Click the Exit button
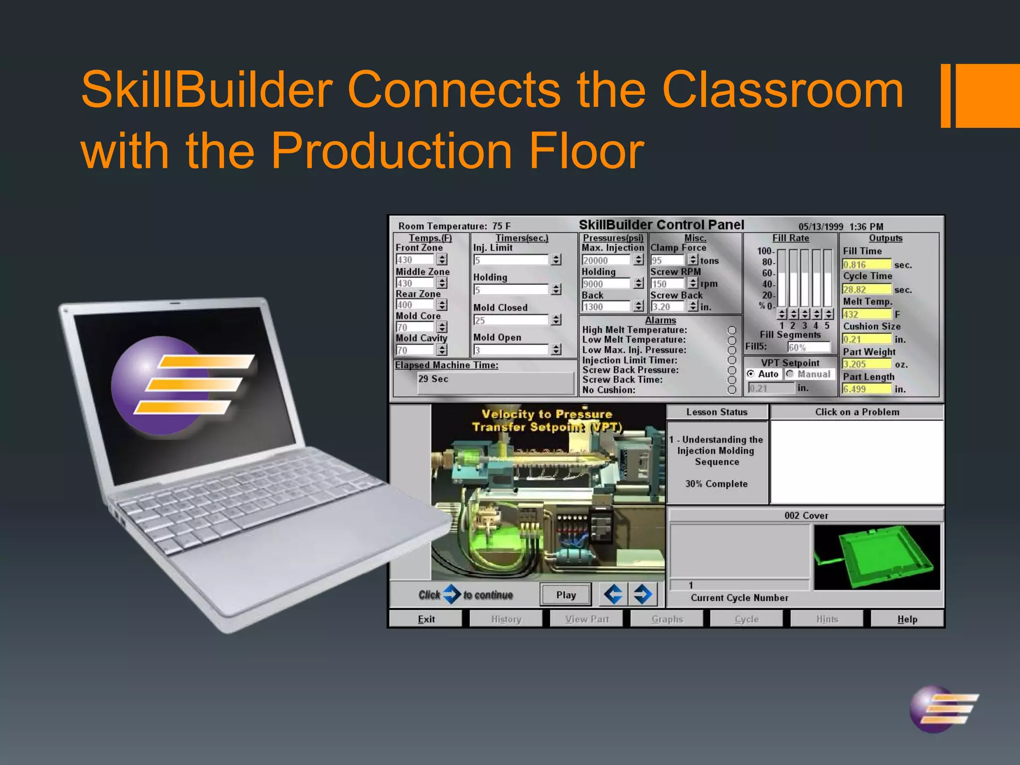[426, 619]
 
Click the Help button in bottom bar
[907, 619]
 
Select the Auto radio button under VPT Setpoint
[751, 374]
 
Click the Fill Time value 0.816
[866, 264]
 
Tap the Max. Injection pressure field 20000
[606, 260]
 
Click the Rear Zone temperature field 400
[414, 305]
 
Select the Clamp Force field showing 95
[668, 260]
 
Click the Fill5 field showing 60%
[808, 347]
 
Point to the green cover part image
[877, 556]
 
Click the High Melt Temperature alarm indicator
[732, 330]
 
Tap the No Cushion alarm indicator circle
[732, 390]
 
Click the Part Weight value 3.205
[866, 364]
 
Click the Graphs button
[667, 619]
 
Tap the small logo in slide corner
[941, 709]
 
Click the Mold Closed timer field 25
[511, 320]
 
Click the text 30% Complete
[716, 484]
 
